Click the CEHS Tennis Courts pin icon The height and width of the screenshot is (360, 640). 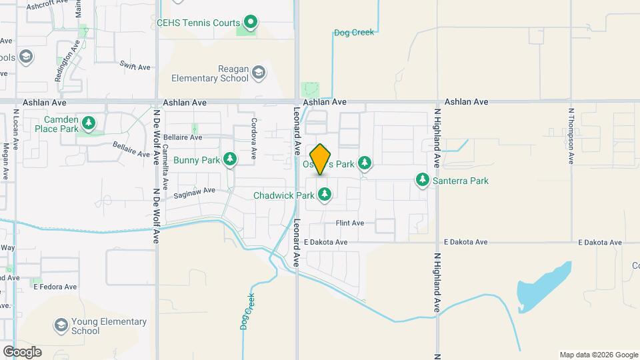(251, 23)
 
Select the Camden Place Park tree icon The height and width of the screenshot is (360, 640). (89, 123)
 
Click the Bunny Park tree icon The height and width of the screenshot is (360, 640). (230, 159)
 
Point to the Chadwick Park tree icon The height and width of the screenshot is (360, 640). (324, 195)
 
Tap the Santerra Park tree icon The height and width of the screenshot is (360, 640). (422, 179)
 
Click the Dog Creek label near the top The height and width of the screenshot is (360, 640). (354, 32)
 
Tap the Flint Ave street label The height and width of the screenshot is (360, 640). (349, 223)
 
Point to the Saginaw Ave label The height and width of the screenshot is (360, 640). (195, 191)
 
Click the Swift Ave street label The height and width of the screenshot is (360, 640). (133, 65)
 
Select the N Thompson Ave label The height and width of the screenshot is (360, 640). (571, 136)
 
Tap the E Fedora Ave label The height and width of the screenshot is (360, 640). (55, 287)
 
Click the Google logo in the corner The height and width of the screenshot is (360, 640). (22, 351)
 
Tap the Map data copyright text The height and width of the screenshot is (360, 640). (598, 355)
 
